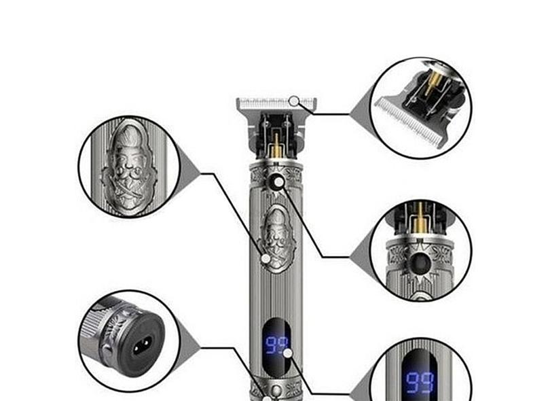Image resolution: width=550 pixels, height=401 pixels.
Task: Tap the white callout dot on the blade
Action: click(x=293, y=101)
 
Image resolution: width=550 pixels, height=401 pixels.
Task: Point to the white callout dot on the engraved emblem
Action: click(x=265, y=258)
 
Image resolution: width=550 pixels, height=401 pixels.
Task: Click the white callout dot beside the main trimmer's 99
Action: click(x=288, y=353)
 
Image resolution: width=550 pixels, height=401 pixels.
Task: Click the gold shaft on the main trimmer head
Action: click(x=276, y=143)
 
